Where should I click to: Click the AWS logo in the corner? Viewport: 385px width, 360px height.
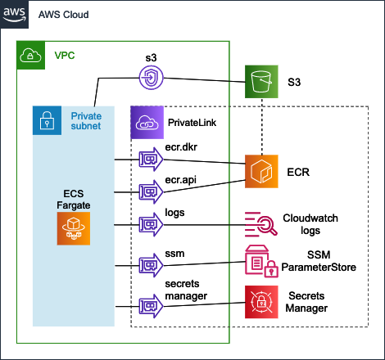(14, 14)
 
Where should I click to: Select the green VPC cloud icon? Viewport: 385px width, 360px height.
(30, 56)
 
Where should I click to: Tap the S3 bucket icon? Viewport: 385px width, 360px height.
(261, 82)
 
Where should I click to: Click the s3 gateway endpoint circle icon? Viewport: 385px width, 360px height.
(152, 78)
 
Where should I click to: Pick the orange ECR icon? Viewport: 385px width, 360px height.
(261, 171)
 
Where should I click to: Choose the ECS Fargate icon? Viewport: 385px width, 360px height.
(74, 228)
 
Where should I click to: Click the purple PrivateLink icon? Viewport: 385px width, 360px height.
(147, 123)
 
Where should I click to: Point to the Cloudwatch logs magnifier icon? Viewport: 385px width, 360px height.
(260, 224)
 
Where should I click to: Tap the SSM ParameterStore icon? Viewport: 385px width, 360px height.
(261, 261)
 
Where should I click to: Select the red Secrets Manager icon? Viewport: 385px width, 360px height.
(261, 302)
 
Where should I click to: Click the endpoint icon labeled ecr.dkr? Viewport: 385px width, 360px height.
(151, 160)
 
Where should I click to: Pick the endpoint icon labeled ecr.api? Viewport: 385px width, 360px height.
(151, 192)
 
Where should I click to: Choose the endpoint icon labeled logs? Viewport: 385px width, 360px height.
(151, 225)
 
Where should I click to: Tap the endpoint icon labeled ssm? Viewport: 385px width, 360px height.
(151, 265)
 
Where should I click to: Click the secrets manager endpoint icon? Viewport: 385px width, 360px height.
(151, 306)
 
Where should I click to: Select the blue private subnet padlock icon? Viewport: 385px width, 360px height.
(47, 120)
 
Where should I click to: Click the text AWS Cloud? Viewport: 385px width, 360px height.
(64, 15)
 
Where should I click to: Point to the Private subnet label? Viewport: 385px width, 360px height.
(86, 121)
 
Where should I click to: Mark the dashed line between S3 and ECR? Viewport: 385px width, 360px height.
(262, 127)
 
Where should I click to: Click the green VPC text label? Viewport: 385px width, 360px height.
(65, 56)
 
